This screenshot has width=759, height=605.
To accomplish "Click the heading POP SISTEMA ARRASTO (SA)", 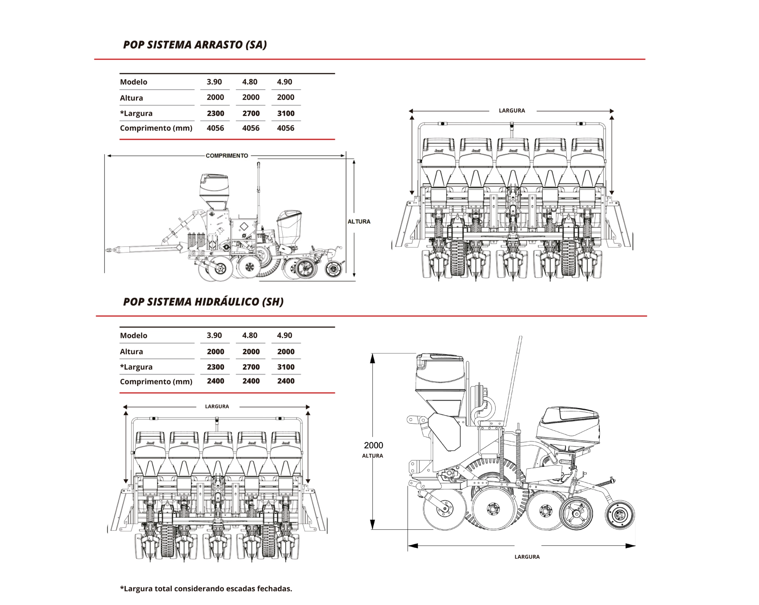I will [x=195, y=45].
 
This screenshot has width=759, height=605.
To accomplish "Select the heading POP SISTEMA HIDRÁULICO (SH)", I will [x=203, y=302].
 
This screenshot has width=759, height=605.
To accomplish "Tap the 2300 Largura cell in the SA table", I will [x=215, y=113].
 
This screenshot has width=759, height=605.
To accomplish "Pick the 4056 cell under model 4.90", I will [x=285, y=128].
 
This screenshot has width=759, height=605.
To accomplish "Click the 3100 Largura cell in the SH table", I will [x=286, y=367].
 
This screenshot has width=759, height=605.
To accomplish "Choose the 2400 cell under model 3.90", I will [x=215, y=381].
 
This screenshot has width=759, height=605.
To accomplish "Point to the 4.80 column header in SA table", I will [x=250, y=82].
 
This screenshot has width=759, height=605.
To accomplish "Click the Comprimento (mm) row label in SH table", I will [x=156, y=381].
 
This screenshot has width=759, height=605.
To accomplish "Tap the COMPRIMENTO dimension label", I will [x=227, y=156].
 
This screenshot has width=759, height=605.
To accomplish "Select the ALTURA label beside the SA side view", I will [x=359, y=222].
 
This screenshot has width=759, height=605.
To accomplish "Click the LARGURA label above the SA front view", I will [x=512, y=110].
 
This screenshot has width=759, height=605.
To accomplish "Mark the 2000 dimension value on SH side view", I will [x=373, y=445].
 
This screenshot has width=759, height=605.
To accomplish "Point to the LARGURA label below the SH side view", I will [x=527, y=557].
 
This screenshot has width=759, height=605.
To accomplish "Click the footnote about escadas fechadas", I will [x=206, y=589].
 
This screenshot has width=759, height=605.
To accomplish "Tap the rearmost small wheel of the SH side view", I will [x=620, y=515].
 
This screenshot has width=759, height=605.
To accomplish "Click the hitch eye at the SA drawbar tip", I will [x=109, y=250].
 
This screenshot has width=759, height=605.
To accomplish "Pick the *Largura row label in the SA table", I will [x=136, y=113].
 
